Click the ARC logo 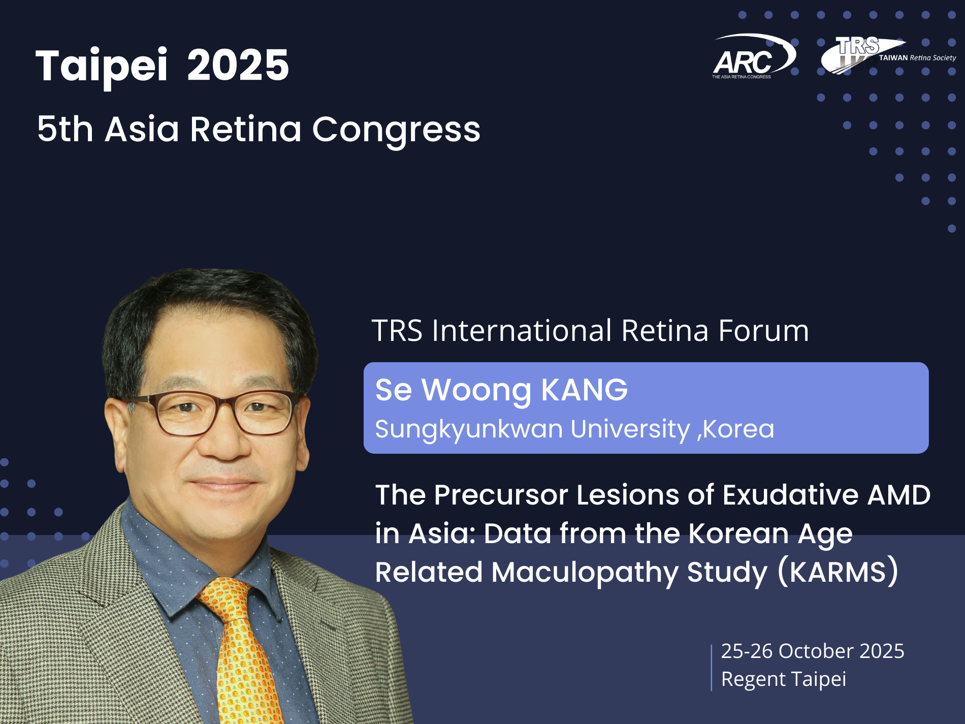[x=754, y=56]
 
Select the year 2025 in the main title [x=238, y=65]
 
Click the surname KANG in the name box [x=585, y=390]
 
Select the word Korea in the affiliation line [x=738, y=429]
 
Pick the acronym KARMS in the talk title [x=838, y=572]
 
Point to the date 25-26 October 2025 [x=813, y=651]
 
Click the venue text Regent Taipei [x=784, y=679]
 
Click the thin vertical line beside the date [x=712, y=668]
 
